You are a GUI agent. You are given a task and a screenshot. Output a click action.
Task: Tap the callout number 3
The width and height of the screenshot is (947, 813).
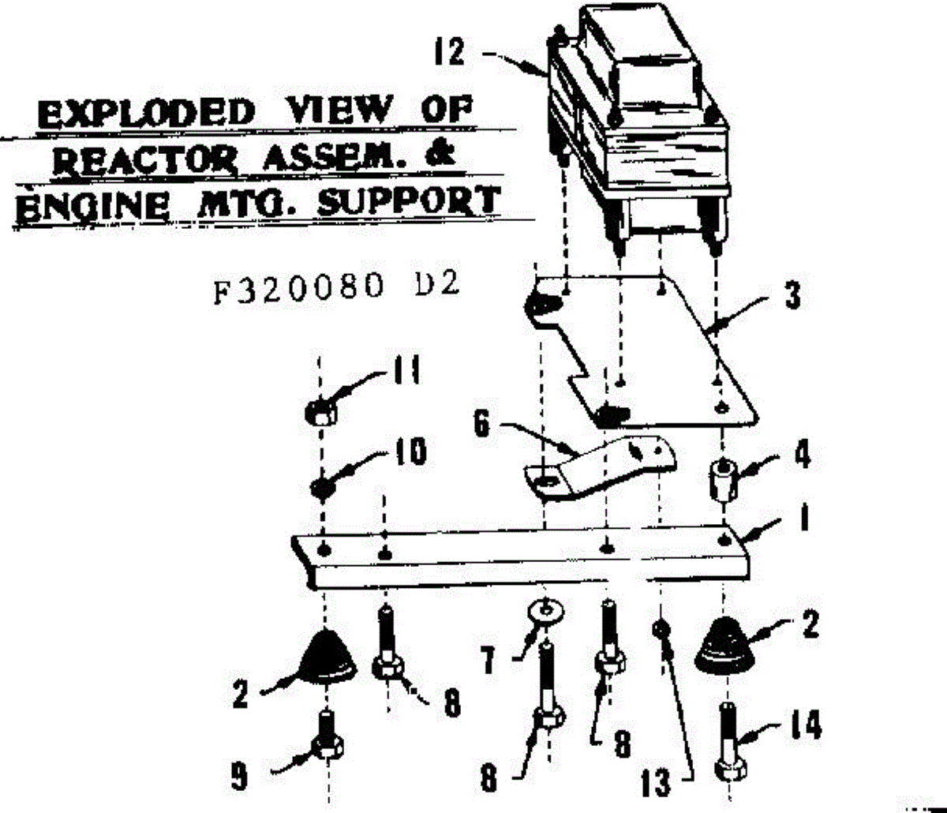point(792,297)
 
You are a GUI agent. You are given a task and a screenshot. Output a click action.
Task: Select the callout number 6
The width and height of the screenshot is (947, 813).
point(483,424)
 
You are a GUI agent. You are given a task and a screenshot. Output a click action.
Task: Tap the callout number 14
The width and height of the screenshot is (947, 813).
point(803,725)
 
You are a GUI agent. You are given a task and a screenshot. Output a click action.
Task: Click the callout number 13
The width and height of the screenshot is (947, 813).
point(657,783)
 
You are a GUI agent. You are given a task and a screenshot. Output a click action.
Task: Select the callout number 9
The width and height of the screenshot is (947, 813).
point(238,777)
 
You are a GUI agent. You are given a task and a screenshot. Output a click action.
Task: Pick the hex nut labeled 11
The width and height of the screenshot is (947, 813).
point(320,411)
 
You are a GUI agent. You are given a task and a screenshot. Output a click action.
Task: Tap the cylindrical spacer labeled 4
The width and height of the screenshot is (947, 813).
point(721,478)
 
